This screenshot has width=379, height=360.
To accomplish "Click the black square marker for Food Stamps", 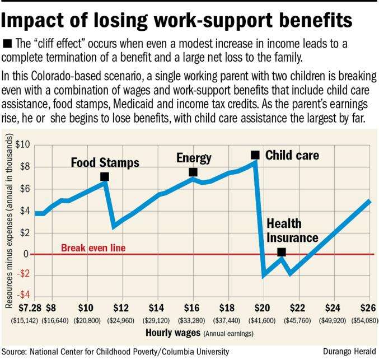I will [104, 177].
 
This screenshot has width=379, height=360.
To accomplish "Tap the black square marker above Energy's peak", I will [193, 172].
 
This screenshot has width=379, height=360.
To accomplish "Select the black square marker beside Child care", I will [255, 155].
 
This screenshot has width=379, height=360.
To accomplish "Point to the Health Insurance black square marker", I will [282, 253].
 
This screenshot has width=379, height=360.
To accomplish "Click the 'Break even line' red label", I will [93, 247].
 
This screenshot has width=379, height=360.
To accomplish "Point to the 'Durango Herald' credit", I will [349, 351].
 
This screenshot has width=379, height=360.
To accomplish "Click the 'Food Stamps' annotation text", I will [105, 162].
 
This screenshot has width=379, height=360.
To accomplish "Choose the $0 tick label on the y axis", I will [24, 254].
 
